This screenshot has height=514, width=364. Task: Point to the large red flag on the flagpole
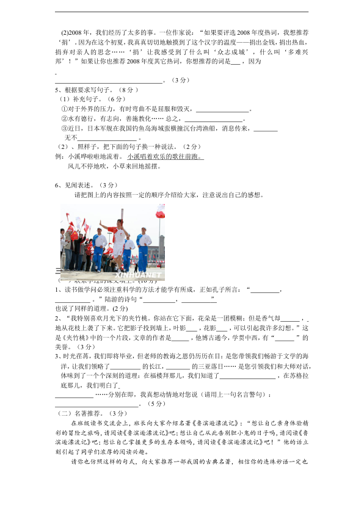pos(161,211)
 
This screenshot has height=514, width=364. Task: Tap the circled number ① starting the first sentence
pos(64,109)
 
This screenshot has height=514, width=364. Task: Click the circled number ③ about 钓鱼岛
pos(64,129)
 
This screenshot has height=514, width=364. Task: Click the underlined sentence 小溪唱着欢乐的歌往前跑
pos(165,156)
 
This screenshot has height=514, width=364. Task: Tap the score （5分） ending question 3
pos(156,404)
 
